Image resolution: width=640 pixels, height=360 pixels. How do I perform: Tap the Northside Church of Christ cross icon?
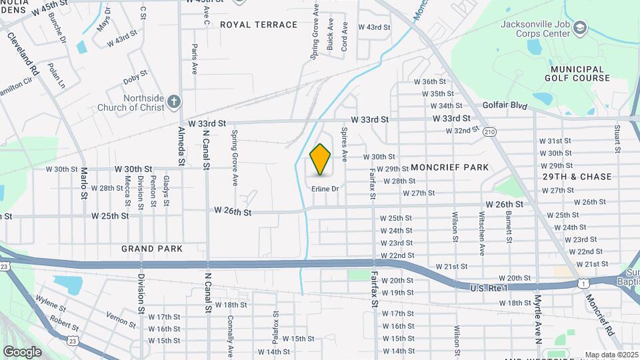pyautogui.click(x=174, y=101)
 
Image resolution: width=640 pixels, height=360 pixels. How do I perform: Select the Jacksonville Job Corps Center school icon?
pyautogui.click(x=580, y=27)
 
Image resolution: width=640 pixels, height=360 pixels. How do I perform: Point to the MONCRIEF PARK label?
pyautogui.click(x=450, y=167)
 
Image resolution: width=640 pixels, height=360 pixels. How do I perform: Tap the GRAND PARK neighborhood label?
pyautogui.click(x=152, y=249)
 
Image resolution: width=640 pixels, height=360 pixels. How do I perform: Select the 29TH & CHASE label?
pyautogui.click(x=577, y=177)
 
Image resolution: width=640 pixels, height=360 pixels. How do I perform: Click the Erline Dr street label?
pyautogui.click(x=325, y=189)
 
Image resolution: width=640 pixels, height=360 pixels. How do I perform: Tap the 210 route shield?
pyautogui.click(x=490, y=131)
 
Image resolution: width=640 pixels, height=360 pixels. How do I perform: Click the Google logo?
pyautogui.click(x=22, y=351)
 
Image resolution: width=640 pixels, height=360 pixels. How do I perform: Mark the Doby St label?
pyautogui.click(x=135, y=79)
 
